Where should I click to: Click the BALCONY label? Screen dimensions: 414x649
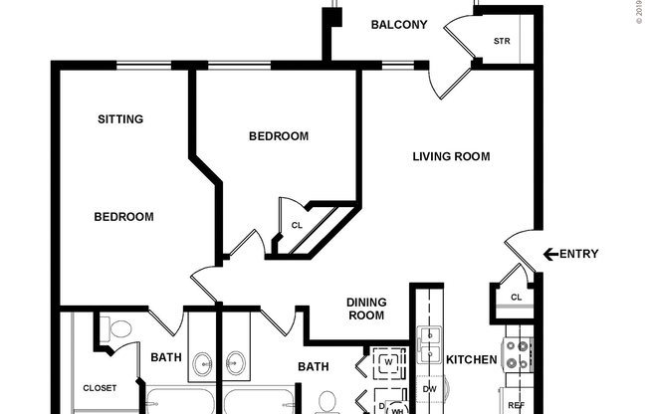pyautogui.click(x=398, y=25)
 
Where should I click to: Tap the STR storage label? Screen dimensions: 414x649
pyautogui.click(x=502, y=41)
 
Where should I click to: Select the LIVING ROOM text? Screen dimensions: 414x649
pyautogui.click(x=452, y=156)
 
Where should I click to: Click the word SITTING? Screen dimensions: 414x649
pyautogui.click(x=120, y=119)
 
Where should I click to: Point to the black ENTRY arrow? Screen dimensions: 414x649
pyautogui.click(x=549, y=254)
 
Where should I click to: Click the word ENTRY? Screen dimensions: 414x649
pyautogui.click(x=579, y=254)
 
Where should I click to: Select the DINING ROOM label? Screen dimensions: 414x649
pyautogui.click(x=365, y=310)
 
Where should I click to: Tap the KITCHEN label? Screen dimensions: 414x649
pyautogui.click(x=471, y=359)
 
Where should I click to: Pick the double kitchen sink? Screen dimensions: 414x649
pyautogui.click(x=430, y=348)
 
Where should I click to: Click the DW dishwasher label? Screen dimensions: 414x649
pyautogui.click(x=430, y=388)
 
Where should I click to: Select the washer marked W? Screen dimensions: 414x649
pyautogui.click(x=387, y=361)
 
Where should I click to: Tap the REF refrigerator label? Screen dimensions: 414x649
pyautogui.click(x=517, y=405)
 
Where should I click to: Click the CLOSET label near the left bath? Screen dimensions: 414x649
pyautogui.click(x=100, y=387)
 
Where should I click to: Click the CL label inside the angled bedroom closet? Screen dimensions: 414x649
pyautogui.click(x=297, y=225)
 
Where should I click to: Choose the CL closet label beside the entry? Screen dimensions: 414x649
pyautogui.click(x=516, y=297)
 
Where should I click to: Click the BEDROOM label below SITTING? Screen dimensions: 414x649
pyautogui.click(x=123, y=217)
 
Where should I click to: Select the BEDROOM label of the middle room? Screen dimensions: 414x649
pyautogui.click(x=278, y=136)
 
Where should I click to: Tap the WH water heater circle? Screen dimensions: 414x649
pyautogui.click(x=396, y=408)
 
